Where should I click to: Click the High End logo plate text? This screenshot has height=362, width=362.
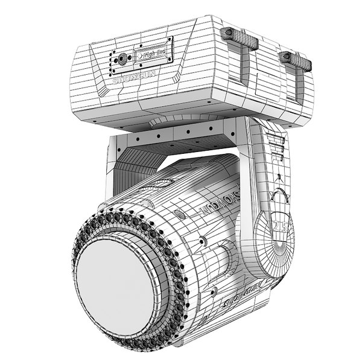tap(155, 54)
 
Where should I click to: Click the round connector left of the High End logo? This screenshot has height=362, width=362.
tap(122, 59)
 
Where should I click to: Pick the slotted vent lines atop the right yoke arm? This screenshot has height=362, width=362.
tap(278, 145)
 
